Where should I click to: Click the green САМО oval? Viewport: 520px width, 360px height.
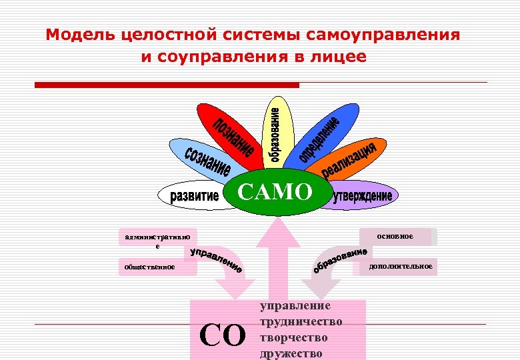(275, 193)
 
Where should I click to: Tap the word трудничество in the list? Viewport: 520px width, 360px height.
(300, 322)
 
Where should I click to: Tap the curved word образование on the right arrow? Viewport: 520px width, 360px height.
(340, 261)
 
